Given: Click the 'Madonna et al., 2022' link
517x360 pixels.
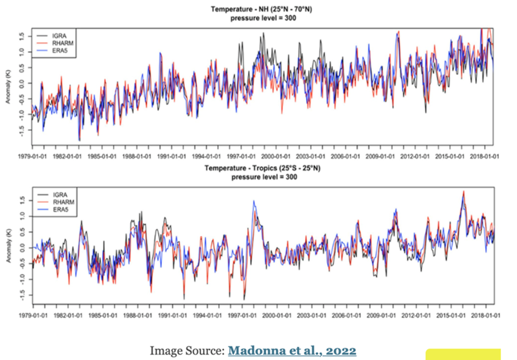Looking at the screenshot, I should pos(291,350).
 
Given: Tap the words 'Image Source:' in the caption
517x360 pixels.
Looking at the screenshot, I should pos(186,350).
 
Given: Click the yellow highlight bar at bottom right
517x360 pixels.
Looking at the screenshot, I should pos(463,354).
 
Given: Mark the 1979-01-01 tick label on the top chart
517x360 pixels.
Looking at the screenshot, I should pos(32,155).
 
